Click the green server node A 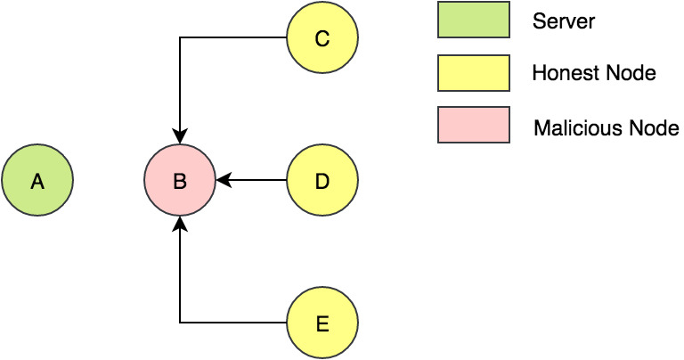click(x=37, y=180)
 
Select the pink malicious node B click(x=180, y=180)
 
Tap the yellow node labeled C click(x=322, y=37)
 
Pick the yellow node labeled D click(x=322, y=180)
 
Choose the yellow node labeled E click(x=322, y=323)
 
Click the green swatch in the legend click(x=474, y=20)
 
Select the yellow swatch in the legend click(x=474, y=73)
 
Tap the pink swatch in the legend click(x=474, y=125)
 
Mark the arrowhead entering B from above click(x=180, y=136)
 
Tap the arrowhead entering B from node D click(x=224, y=180)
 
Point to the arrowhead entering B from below click(x=180, y=224)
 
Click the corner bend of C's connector click(x=180, y=37)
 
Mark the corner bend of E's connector click(x=180, y=323)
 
